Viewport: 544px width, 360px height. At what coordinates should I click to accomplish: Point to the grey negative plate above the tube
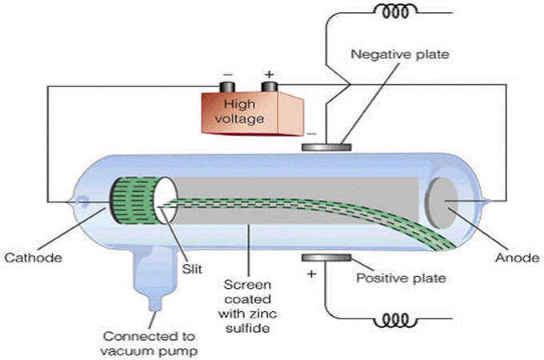pyautogui.click(x=326, y=147)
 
